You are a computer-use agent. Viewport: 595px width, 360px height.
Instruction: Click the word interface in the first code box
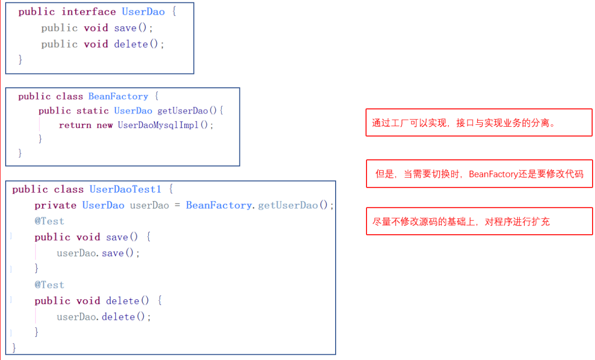(x=89, y=12)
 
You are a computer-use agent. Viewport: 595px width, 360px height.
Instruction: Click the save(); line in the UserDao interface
(x=134, y=28)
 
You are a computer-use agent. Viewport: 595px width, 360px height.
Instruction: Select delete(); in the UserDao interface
(x=139, y=44)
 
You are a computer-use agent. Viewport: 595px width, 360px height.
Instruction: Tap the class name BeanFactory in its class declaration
(x=118, y=96)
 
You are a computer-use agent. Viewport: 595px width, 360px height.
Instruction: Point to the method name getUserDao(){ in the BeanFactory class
(x=190, y=111)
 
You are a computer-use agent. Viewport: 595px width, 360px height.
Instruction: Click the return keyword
(x=75, y=125)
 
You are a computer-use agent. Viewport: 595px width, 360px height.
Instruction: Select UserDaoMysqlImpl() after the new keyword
(x=166, y=125)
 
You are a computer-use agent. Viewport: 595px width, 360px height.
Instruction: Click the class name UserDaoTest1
(x=126, y=189)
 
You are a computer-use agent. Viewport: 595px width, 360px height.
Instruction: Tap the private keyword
(x=55, y=205)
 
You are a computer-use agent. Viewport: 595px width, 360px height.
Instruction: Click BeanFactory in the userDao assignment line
(x=219, y=205)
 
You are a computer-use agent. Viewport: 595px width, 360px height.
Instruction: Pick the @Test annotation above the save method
(x=49, y=221)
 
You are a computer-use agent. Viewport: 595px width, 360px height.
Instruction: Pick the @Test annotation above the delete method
(x=49, y=285)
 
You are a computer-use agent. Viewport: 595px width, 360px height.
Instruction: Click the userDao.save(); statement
(x=99, y=253)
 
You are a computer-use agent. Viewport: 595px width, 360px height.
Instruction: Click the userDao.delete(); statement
(x=104, y=316)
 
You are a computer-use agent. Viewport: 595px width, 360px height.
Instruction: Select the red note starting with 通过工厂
(x=479, y=123)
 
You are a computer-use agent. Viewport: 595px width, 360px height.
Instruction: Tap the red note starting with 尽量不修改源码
(x=479, y=222)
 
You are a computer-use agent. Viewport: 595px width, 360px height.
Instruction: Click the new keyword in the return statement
(x=105, y=125)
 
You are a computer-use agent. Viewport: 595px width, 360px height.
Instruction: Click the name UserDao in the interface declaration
(x=143, y=12)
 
